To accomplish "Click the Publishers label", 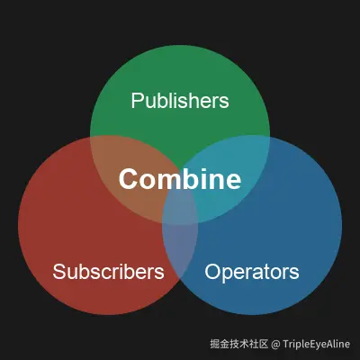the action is click(180, 101).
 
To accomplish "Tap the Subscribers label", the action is click(108, 272).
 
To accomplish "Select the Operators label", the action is click(252, 272).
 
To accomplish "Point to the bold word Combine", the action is click(180, 179).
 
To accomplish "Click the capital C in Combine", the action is click(128, 179).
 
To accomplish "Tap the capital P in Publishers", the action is click(137, 101).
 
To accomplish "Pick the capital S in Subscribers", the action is click(59, 272).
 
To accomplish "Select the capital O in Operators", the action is click(212, 272).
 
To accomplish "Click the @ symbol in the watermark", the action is click(275, 345).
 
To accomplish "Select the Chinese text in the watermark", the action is click(238, 344).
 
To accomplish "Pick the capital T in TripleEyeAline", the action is click(285, 344).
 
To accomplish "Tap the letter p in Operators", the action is click(229, 274).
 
